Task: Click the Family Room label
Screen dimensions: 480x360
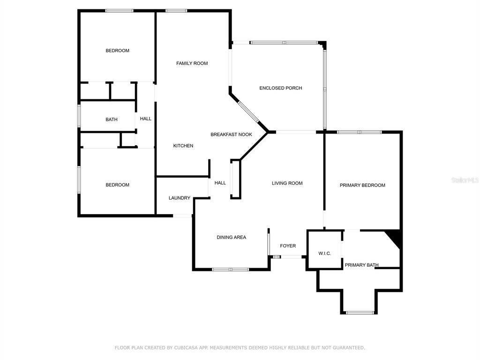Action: pyautogui.click(x=192, y=63)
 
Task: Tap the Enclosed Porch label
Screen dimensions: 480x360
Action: pyautogui.click(x=281, y=88)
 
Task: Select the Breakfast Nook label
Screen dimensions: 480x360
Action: pyautogui.click(x=232, y=135)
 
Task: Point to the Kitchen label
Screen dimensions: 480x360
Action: pyautogui.click(x=183, y=146)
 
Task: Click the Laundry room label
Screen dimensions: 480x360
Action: pyautogui.click(x=180, y=198)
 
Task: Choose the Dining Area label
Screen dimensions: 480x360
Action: pyautogui.click(x=232, y=237)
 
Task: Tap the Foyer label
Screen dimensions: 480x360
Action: pyautogui.click(x=288, y=246)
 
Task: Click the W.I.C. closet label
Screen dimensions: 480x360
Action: pyautogui.click(x=324, y=254)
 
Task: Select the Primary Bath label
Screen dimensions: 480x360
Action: pyautogui.click(x=361, y=265)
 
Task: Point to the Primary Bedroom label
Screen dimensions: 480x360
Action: pyautogui.click(x=362, y=185)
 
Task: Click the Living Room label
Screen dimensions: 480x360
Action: pyautogui.click(x=287, y=183)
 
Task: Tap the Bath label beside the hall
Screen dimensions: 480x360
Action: pyautogui.click(x=112, y=120)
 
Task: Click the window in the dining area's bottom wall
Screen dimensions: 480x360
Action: pyautogui.click(x=231, y=270)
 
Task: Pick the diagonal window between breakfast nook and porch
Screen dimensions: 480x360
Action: pyautogui.click(x=248, y=112)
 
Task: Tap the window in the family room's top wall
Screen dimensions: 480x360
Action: pyautogui.click(x=176, y=11)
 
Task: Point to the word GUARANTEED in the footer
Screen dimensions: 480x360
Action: pyautogui.click(x=349, y=348)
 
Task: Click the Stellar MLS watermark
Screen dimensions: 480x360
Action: pyautogui.click(x=465, y=180)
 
